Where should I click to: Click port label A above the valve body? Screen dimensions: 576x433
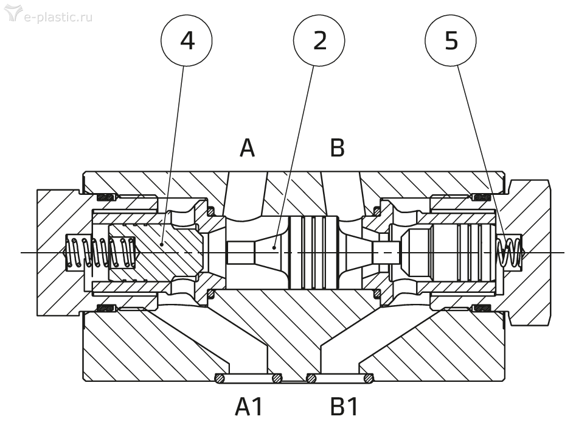pos(247,148)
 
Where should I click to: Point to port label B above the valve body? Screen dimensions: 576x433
pos(337,148)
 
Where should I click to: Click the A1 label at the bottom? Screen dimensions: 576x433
pos(249,407)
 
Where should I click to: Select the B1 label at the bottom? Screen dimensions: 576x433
pos(344,407)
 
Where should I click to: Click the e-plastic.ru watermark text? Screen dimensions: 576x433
pos(58,17)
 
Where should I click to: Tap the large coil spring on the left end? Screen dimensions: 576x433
pos(100,252)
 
